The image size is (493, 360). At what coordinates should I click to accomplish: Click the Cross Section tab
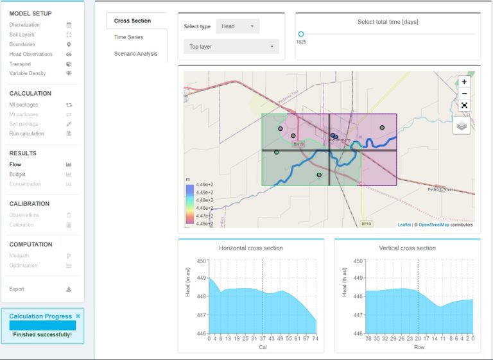point(132,21)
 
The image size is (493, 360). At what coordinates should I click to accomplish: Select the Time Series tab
point(128,37)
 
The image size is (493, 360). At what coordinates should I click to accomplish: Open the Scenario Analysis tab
point(135,54)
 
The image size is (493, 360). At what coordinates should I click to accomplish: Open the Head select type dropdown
point(238,26)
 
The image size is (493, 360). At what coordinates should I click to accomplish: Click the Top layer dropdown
point(231,47)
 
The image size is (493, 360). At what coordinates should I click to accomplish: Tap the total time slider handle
point(300,34)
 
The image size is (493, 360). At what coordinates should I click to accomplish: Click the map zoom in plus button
point(464,82)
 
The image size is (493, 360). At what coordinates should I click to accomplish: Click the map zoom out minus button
point(464,94)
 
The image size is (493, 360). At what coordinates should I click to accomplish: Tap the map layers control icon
point(462,126)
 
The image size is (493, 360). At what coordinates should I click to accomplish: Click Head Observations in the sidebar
point(31,55)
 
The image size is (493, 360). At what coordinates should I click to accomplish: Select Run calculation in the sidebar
point(26,133)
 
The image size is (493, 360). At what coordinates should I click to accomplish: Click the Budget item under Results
point(17,175)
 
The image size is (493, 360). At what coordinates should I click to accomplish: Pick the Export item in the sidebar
point(17,289)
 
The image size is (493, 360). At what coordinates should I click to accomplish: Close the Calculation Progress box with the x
point(78,316)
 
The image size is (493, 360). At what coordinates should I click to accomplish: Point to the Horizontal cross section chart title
point(250,248)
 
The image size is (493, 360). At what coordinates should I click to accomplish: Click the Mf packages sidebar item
point(23,105)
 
